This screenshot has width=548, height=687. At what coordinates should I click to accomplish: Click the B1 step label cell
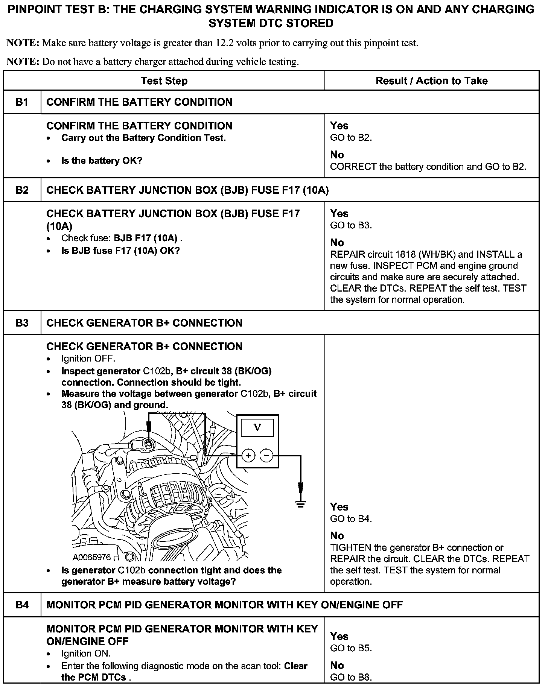pos(22,102)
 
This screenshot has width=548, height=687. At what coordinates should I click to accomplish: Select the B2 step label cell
pos(22,190)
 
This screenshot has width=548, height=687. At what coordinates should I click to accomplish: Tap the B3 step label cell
pos(22,323)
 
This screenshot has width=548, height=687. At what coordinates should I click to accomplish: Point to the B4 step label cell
pos(22,605)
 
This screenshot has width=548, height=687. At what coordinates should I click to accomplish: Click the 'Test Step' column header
pos(164,81)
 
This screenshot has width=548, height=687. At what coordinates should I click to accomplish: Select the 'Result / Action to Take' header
pos(431,81)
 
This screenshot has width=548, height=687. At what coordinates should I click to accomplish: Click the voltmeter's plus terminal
pos(248,456)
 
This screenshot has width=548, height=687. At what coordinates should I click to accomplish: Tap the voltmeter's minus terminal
pos(266,456)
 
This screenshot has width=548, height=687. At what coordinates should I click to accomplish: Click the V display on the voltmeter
pos(257,427)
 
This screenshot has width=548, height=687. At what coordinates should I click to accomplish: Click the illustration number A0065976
pos(92,557)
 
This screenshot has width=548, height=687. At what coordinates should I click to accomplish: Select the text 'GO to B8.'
pos(351,677)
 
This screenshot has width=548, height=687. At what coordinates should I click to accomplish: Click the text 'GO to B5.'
pos(351,648)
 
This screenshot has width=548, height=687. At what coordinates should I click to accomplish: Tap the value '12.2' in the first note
pos(225,43)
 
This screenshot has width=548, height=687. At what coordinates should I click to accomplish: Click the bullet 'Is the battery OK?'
pos(101,161)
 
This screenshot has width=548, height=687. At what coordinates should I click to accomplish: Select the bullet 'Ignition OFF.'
pos(88,359)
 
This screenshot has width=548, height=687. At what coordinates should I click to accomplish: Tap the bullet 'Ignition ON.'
pos(86,654)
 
